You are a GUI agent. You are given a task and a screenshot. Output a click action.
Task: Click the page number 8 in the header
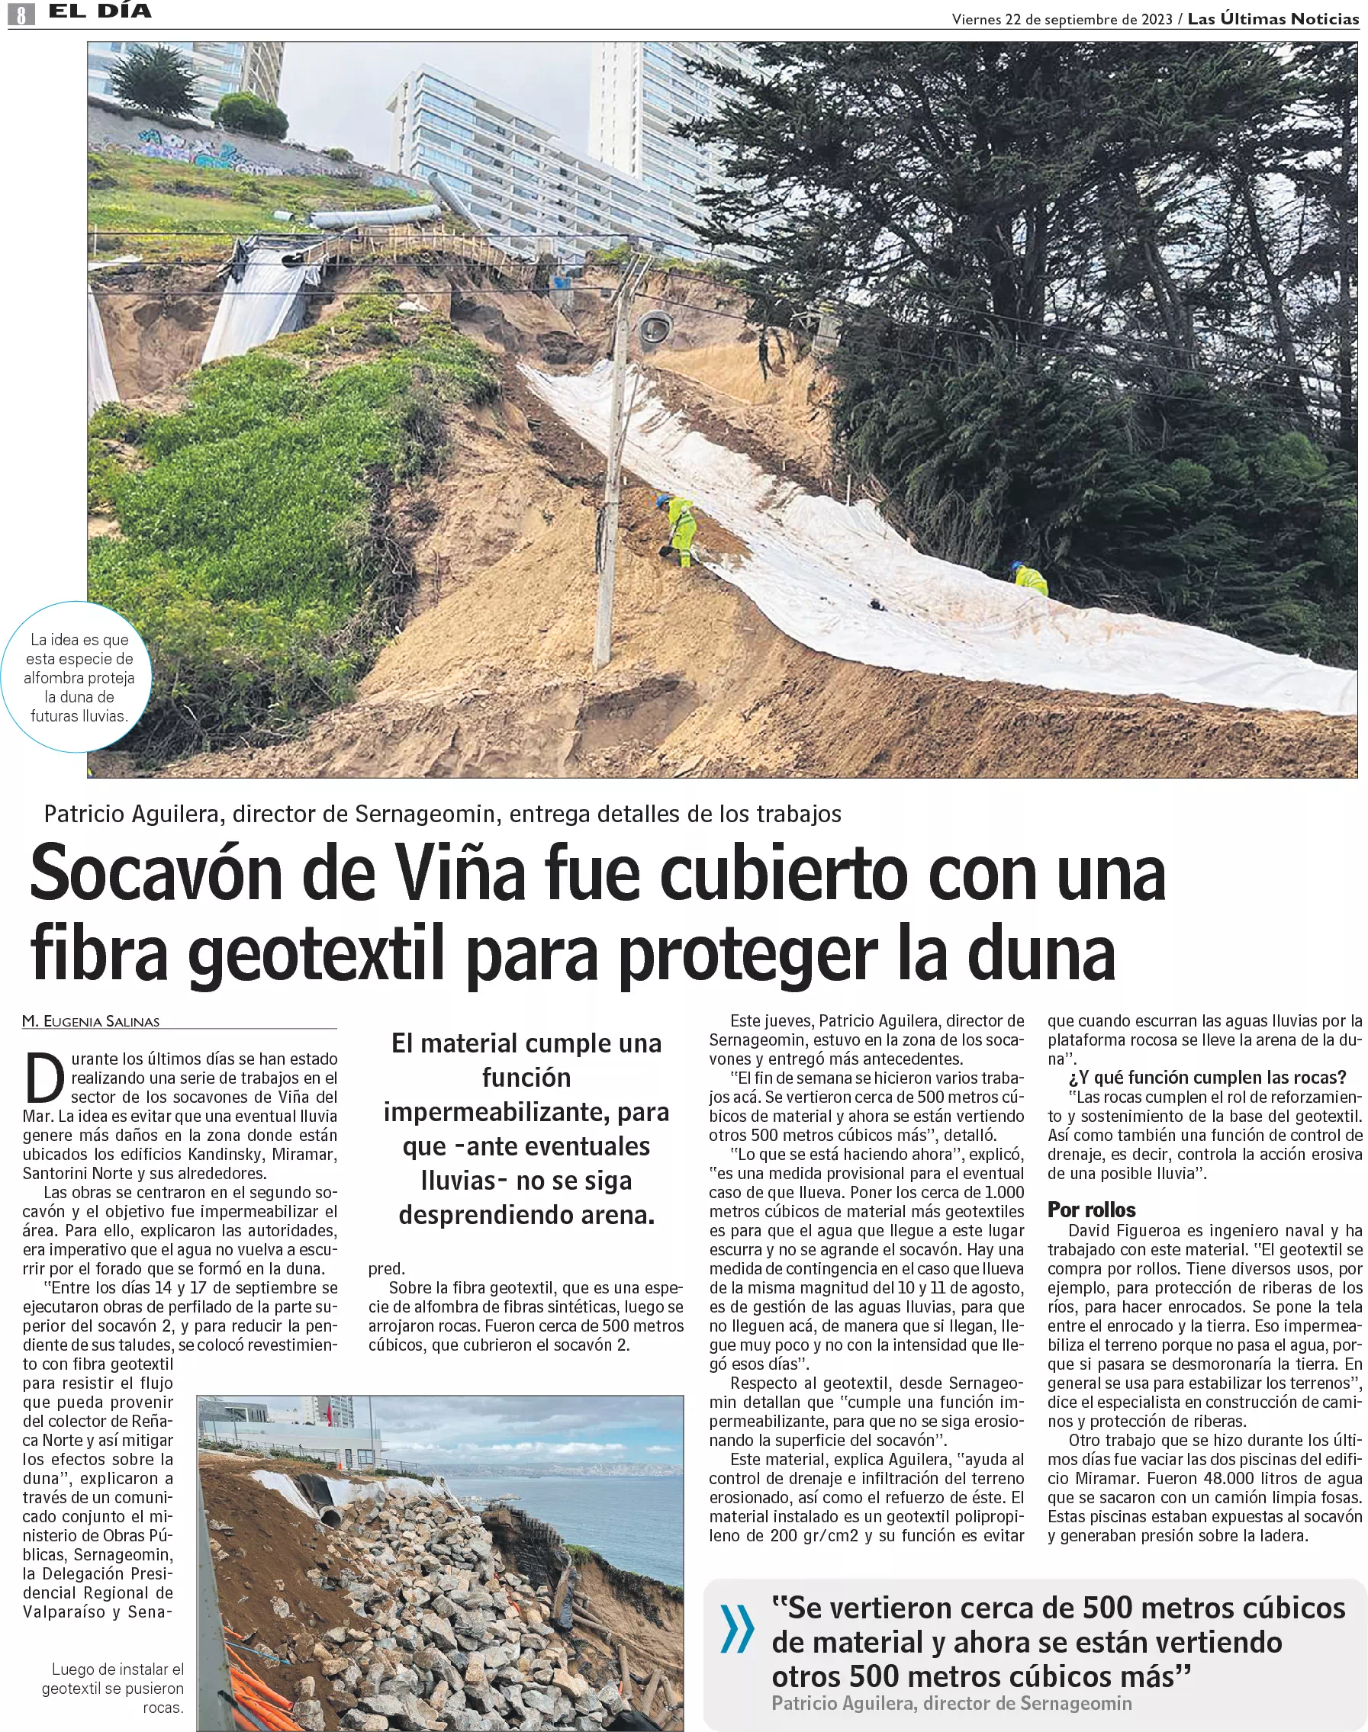tap(21, 13)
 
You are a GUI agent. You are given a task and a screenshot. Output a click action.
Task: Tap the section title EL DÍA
tap(100, 11)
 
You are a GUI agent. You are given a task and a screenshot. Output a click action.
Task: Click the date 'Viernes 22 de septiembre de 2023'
tap(1061, 19)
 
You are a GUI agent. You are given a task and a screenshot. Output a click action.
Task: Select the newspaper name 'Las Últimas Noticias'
tap(1273, 19)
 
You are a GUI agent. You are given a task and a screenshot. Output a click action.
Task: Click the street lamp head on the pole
tap(655, 327)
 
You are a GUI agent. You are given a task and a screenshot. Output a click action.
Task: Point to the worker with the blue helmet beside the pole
tap(680, 529)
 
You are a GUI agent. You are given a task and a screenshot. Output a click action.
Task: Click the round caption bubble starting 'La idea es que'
tap(79, 677)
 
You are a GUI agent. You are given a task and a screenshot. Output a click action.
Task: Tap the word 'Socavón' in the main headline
tap(156, 875)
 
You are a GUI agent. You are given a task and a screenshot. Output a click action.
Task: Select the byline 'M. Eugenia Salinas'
tap(92, 1021)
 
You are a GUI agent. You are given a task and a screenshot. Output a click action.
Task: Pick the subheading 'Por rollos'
tap(1091, 1209)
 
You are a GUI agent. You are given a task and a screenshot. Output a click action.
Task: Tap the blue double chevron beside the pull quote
tap(737, 1630)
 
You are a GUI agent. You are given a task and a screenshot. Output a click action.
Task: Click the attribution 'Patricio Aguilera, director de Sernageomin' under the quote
tap(951, 1703)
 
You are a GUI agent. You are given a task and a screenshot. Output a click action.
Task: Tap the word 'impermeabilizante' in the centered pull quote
tap(526, 1112)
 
